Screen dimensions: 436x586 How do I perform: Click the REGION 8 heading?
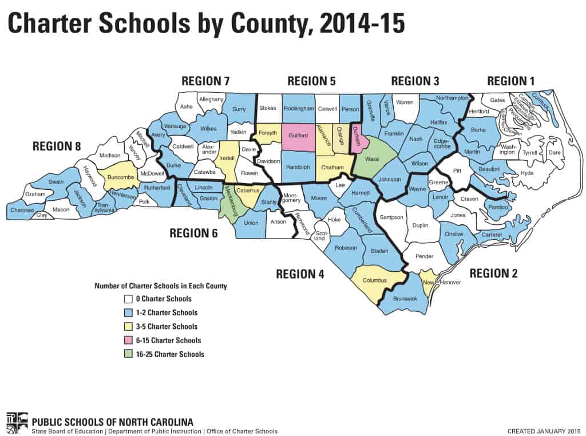point(57,146)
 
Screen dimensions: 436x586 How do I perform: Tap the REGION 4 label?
point(300,274)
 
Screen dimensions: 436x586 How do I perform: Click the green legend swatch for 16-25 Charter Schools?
point(128,354)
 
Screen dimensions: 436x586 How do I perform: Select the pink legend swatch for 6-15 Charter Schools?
point(128,340)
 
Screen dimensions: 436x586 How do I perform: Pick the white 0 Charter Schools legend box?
point(128,299)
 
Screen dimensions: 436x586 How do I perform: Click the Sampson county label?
point(392,218)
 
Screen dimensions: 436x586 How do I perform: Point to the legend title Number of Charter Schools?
point(161,286)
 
